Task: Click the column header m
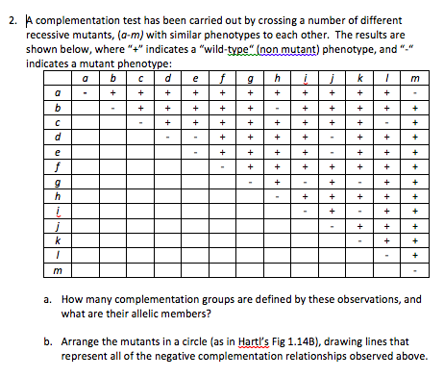[x=414, y=78]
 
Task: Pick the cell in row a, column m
[x=414, y=93]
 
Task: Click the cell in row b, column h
[x=277, y=108]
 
